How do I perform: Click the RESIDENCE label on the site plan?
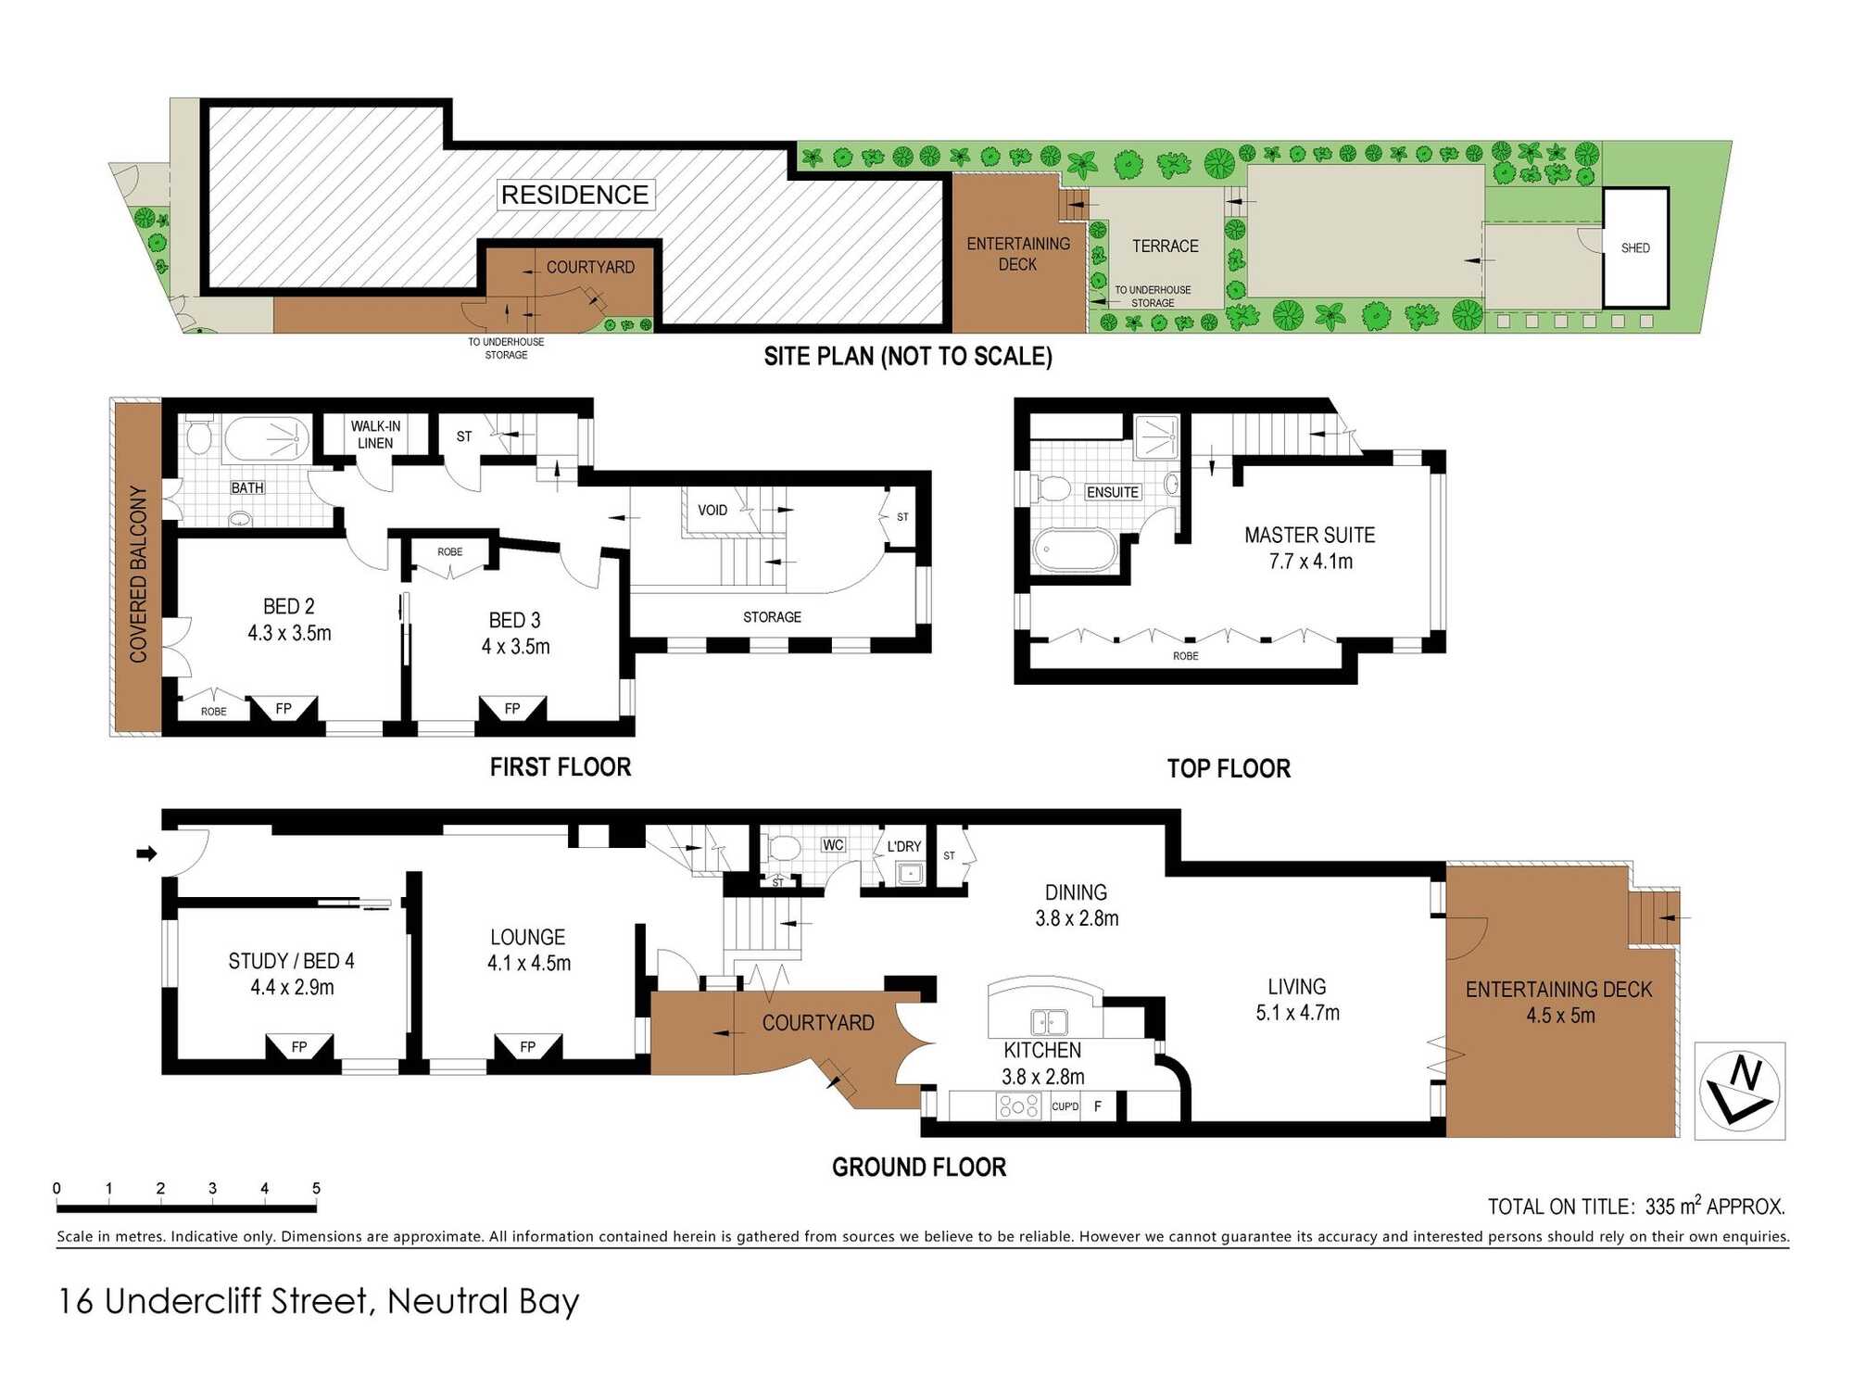(575, 195)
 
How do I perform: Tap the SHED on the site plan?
(1635, 247)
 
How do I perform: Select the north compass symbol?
(1739, 1091)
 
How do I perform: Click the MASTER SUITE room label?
(1309, 535)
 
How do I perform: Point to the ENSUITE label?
(1113, 492)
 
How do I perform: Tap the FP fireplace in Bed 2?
(284, 709)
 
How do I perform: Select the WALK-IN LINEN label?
(375, 434)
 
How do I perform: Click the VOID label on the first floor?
(712, 510)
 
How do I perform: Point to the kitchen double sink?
(1049, 1022)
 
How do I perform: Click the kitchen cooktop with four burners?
(1018, 1106)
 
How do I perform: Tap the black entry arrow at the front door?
(146, 853)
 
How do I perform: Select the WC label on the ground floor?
(833, 844)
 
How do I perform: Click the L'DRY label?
(904, 846)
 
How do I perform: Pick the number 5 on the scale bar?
(316, 1188)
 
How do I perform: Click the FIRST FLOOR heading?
(561, 767)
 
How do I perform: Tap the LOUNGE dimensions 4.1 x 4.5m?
(529, 963)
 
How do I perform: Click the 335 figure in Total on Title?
(1661, 1207)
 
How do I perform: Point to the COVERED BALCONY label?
(139, 574)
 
